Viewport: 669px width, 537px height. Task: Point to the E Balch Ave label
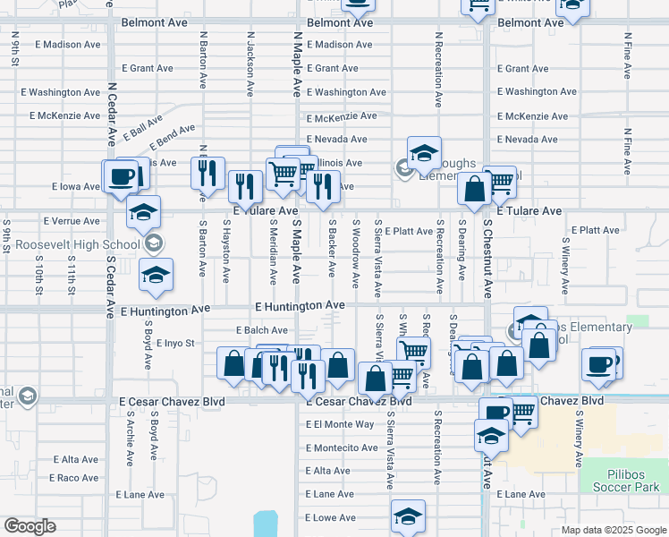coord(261,330)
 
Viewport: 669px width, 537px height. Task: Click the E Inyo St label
coord(174,343)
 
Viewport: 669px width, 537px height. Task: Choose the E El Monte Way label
coord(340,424)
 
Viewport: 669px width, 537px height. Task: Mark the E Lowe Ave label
coord(329,517)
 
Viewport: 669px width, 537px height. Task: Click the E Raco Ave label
coord(75,478)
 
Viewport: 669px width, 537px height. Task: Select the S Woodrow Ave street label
coord(356,254)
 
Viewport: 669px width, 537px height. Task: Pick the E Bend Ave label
coord(172,136)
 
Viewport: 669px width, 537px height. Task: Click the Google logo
coord(30,526)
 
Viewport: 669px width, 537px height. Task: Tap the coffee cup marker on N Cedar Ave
coord(121,175)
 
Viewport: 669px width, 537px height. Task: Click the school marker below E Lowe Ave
coord(408,516)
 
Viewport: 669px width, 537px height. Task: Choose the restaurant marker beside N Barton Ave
coord(207,172)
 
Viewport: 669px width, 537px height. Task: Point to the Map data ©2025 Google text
coord(613,530)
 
